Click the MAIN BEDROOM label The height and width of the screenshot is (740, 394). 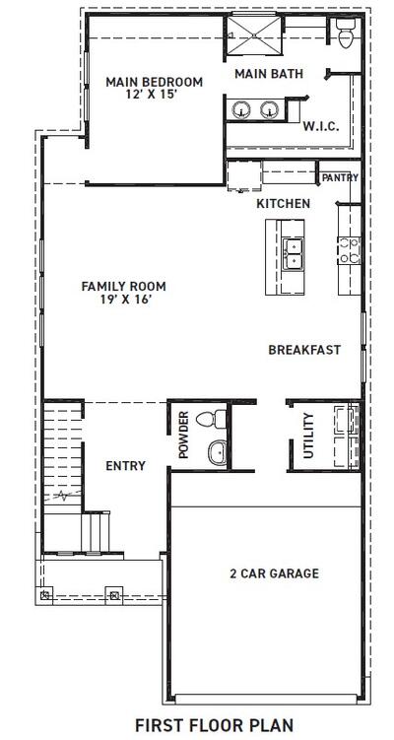coord(154,81)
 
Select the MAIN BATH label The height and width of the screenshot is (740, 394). coord(268,74)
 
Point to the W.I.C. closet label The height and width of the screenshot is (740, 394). coord(322,126)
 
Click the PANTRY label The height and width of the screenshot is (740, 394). coord(340,178)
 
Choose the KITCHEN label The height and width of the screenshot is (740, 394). coord(284,203)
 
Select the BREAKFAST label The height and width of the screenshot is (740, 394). coord(304,350)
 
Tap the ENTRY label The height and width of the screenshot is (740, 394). coord(125,466)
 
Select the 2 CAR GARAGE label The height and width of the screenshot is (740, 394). coord(274,573)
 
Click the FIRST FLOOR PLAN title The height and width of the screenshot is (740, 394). coord(214,723)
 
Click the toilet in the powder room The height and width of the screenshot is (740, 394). coord(207,420)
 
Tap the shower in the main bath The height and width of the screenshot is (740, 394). coord(255,37)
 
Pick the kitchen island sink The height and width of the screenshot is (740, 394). coord(293,254)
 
